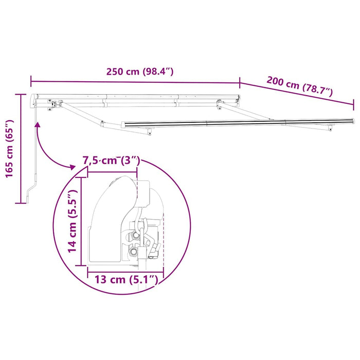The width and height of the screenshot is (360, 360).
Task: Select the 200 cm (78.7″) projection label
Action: (x=299, y=86)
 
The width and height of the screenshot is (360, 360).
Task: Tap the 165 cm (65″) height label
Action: (x=9, y=149)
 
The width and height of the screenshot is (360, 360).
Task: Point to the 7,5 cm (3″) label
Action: (x=111, y=160)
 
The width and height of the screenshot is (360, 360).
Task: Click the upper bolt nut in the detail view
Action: (x=136, y=235)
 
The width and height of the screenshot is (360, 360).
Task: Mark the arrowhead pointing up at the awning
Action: (x=38, y=124)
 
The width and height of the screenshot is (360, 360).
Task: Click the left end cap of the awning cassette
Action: (x=34, y=98)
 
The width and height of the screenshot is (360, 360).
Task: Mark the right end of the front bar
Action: (x=352, y=120)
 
